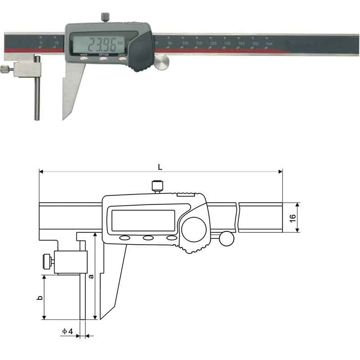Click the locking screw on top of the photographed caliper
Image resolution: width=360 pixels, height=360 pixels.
click(x=105, y=18)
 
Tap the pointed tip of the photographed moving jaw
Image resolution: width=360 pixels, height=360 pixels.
click(x=63, y=118)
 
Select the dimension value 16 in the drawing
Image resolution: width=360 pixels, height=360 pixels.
click(x=292, y=217)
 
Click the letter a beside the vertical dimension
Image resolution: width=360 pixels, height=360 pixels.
click(x=91, y=276)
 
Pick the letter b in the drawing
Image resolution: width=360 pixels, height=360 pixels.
click(x=39, y=297)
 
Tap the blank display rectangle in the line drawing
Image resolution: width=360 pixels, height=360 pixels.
click(x=143, y=220)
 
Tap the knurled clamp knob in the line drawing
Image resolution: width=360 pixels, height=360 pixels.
click(x=46, y=261)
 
